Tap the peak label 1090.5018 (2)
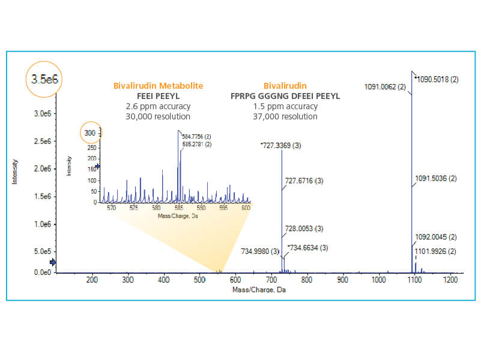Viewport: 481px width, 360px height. (437, 79)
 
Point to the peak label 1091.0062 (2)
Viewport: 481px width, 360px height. (385, 87)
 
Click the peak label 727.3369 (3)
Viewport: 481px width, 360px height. (281, 146)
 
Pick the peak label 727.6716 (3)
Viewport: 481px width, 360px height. (304, 181)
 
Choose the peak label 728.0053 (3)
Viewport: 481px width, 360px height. (304, 229)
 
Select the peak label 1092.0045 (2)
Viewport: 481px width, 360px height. (437, 237)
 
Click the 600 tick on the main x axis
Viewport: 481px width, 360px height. (235, 280)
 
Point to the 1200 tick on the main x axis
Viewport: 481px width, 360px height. (450, 280)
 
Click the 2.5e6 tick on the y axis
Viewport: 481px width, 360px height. (41, 141)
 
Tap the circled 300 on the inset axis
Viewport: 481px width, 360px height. (90, 133)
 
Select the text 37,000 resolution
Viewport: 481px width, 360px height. (285, 116)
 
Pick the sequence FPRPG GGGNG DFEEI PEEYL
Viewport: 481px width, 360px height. (285, 96)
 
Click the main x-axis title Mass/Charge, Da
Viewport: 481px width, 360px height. (256, 290)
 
